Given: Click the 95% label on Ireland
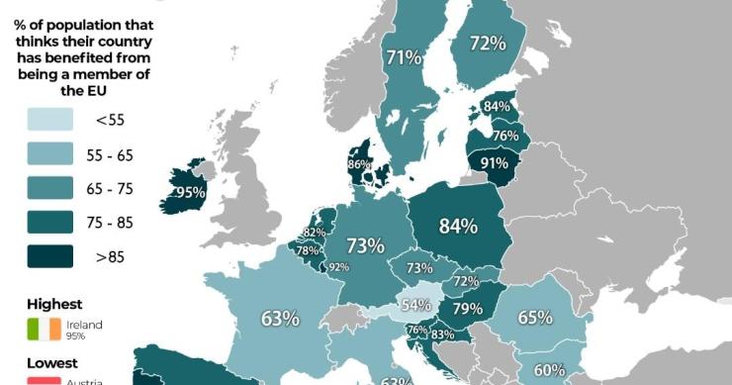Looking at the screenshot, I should point(190,192).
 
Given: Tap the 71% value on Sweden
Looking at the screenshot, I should point(404,57).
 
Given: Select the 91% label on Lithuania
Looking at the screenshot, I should point(494,163).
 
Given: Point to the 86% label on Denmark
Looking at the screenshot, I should point(359,164).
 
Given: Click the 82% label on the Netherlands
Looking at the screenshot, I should point(315,233).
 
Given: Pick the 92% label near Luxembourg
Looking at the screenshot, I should point(339,266).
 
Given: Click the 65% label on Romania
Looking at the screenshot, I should point(535,318).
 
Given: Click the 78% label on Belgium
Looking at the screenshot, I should point(308,250).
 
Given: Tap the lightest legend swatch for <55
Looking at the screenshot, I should point(49,120).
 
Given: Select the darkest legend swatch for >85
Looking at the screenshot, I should point(49,257).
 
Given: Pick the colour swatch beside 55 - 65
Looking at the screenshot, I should point(49,154).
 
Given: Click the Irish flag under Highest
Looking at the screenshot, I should point(44,329).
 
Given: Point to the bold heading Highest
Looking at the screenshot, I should point(54,304).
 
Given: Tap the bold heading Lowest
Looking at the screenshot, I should point(51,363).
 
